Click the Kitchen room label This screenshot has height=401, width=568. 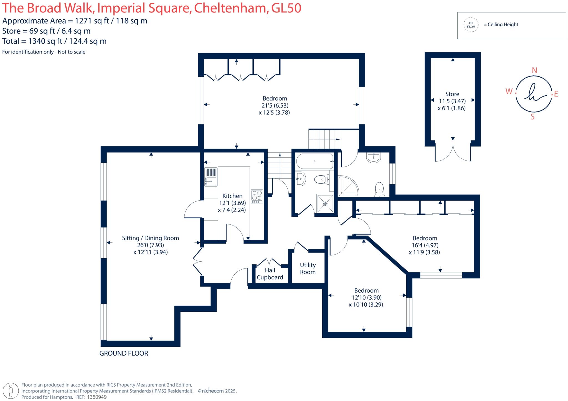point(232,196)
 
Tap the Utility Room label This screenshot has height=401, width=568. point(308,269)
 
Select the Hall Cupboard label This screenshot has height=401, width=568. point(270,274)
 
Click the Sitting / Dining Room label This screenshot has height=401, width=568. point(150,238)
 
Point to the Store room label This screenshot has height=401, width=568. point(452,94)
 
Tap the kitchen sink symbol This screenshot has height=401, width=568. point(211,177)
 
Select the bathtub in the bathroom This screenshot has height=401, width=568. point(315,161)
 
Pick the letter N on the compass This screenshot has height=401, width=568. point(534,70)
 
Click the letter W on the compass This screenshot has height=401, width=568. point(509,91)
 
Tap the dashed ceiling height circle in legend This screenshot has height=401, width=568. point(471,25)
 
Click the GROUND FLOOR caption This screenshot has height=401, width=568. point(124,353)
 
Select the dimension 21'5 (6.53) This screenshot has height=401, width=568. point(275,106)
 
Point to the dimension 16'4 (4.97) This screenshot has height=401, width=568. point(425,245)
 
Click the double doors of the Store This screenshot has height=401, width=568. point(453,152)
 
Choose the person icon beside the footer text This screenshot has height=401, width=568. point(11,391)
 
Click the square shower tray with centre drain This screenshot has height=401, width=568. point(325,203)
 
